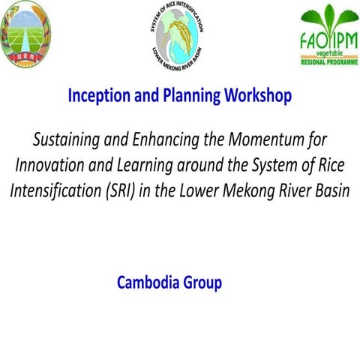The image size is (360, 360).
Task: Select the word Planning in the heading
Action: [x=182, y=96]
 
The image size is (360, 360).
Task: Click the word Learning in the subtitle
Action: [x=150, y=165]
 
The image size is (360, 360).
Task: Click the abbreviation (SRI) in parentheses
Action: [x=123, y=190]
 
